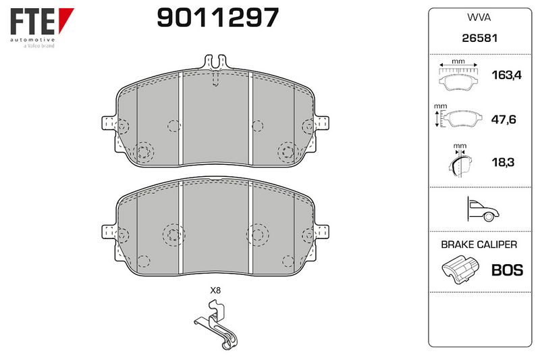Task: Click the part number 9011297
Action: point(217,18)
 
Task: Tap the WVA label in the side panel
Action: point(479,18)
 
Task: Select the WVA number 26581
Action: point(479,38)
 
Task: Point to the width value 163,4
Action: point(507,75)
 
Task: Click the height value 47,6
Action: point(503,120)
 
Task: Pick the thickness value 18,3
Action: point(503,162)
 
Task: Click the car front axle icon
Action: point(483,209)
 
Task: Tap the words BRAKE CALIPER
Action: point(479,245)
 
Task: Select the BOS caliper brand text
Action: point(507,270)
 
